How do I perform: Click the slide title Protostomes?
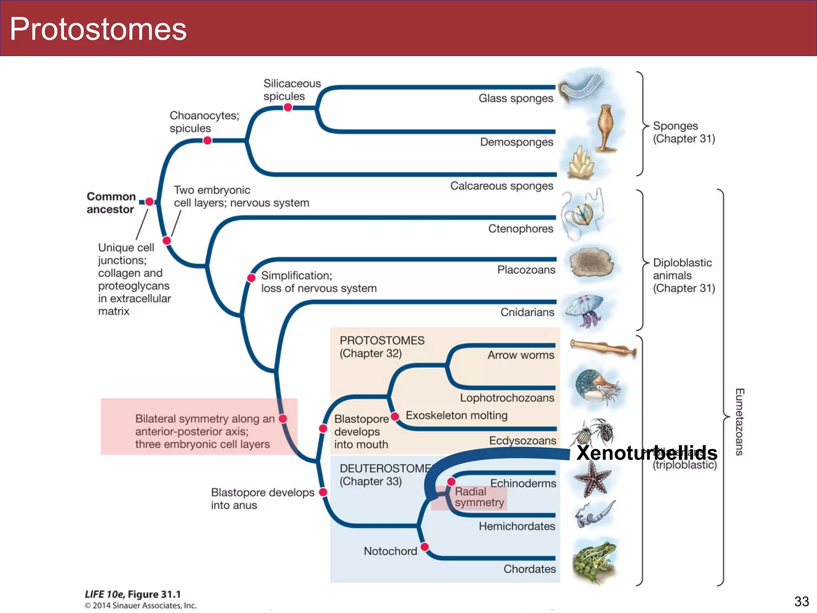98,29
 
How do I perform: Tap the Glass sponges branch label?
515,98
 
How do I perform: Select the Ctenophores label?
520,229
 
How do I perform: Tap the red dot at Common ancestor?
150,202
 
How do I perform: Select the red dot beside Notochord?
425,546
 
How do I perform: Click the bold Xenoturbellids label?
646,453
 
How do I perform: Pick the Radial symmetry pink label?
479,497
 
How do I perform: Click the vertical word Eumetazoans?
739,422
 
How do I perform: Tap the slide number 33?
801,601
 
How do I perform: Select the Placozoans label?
526,270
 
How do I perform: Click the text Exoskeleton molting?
456,415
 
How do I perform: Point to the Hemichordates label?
517,526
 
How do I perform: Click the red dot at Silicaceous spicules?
288,107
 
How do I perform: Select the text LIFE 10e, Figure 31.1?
132,594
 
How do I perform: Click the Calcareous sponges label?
501,186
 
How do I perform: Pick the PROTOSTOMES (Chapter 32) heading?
382,347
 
